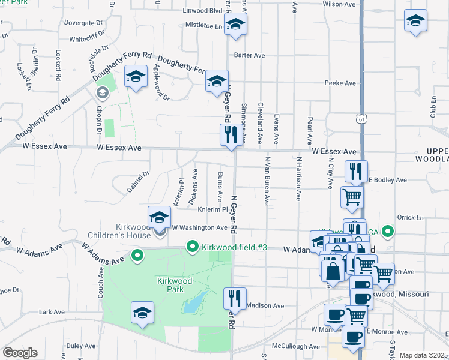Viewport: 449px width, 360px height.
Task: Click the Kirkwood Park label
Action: (175, 285)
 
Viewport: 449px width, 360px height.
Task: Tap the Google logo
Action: (20, 353)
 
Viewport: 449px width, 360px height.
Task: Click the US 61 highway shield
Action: (360, 119)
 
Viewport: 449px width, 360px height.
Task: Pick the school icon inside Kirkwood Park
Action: (142, 313)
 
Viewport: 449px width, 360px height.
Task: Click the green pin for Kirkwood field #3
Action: (193, 247)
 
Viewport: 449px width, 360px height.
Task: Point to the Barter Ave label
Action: (250, 55)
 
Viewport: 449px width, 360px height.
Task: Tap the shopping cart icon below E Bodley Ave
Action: (352, 197)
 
